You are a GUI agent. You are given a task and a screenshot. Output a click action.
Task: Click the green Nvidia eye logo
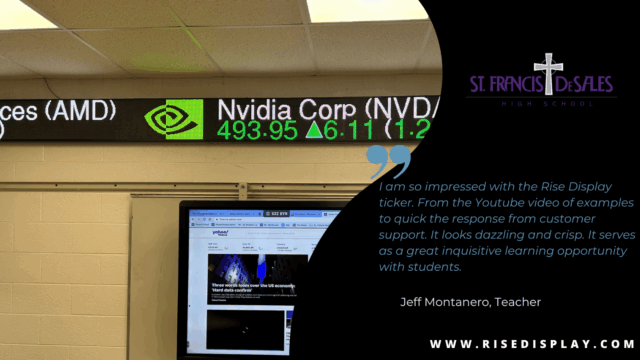[x=174, y=118]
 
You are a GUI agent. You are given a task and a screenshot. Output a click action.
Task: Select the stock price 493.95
[x=257, y=131]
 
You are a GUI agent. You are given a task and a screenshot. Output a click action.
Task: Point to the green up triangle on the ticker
[x=315, y=130]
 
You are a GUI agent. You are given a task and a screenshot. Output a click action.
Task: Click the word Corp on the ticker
[x=330, y=108]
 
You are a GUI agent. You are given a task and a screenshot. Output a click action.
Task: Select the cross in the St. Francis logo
[x=548, y=73]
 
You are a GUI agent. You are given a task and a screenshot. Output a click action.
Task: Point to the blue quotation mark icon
[x=389, y=161]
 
